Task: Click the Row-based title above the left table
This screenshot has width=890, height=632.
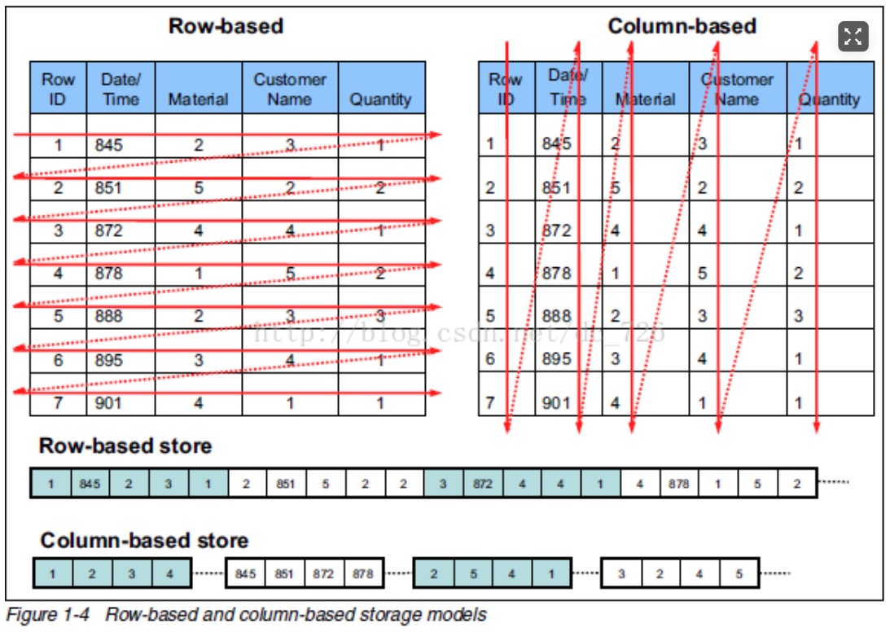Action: tap(226, 26)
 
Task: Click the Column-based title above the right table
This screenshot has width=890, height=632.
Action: tap(682, 26)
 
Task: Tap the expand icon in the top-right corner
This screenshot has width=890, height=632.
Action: tap(853, 36)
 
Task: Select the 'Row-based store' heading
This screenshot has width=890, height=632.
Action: tap(125, 446)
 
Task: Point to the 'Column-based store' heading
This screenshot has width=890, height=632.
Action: tap(144, 541)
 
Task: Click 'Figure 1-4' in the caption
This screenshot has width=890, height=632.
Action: tap(48, 614)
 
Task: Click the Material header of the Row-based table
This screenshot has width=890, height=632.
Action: tap(198, 99)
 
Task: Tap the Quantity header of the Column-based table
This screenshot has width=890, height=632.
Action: tap(829, 99)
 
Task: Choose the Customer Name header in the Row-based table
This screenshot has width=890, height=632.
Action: tap(290, 89)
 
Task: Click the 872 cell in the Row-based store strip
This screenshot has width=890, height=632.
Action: tap(483, 484)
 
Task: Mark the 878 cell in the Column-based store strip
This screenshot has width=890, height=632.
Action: tap(362, 573)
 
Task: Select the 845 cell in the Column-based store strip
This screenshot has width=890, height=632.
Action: tap(245, 573)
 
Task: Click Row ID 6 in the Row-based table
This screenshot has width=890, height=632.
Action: tap(59, 359)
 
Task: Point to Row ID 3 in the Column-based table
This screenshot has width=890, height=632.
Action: tap(490, 230)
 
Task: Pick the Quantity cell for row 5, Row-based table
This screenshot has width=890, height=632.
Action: tap(380, 316)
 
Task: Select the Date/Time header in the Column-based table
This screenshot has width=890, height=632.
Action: tap(568, 88)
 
